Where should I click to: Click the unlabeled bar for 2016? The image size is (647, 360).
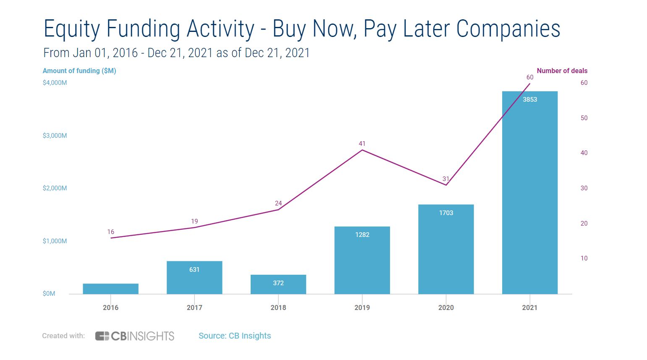click(110, 289)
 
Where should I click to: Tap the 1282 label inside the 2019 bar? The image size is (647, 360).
click(362, 235)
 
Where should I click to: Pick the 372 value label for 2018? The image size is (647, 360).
click(278, 283)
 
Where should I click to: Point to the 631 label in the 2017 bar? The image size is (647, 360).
click(194, 270)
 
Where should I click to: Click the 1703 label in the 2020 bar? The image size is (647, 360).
click(446, 213)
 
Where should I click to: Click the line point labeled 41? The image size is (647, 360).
click(362, 150)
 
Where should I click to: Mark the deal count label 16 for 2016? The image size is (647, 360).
click(110, 232)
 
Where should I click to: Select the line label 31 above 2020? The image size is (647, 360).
click(446, 179)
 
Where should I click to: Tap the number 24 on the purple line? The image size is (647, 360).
click(278, 203)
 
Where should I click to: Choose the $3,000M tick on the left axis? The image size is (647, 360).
click(55, 136)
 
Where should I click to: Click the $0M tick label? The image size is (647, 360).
click(49, 294)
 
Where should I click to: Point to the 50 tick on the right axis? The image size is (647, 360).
click(584, 118)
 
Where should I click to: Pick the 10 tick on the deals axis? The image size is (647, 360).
click(584, 258)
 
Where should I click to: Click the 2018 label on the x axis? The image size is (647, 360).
click(278, 307)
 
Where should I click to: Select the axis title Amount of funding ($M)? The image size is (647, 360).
click(79, 71)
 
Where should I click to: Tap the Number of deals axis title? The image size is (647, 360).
click(562, 71)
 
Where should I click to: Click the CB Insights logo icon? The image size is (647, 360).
click(102, 336)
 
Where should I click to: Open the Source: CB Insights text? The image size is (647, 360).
click(235, 336)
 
